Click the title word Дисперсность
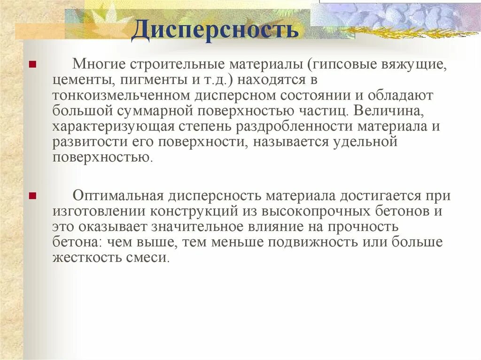click(215, 29)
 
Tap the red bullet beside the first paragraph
click(32, 64)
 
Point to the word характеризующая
click(112, 127)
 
